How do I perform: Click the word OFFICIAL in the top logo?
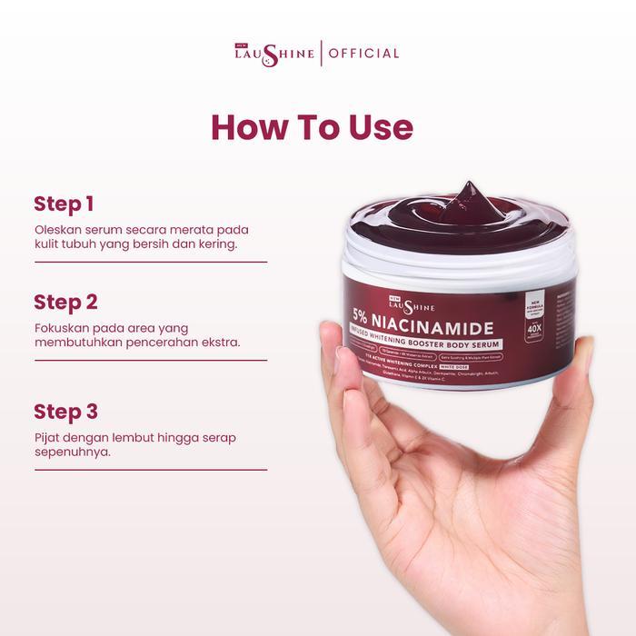[363, 53]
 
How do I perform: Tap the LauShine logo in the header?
[274, 53]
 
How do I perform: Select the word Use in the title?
[381, 127]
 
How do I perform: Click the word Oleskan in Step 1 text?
[60, 229]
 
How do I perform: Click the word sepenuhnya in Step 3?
[73, 452]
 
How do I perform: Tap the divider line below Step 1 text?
[151, 262]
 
